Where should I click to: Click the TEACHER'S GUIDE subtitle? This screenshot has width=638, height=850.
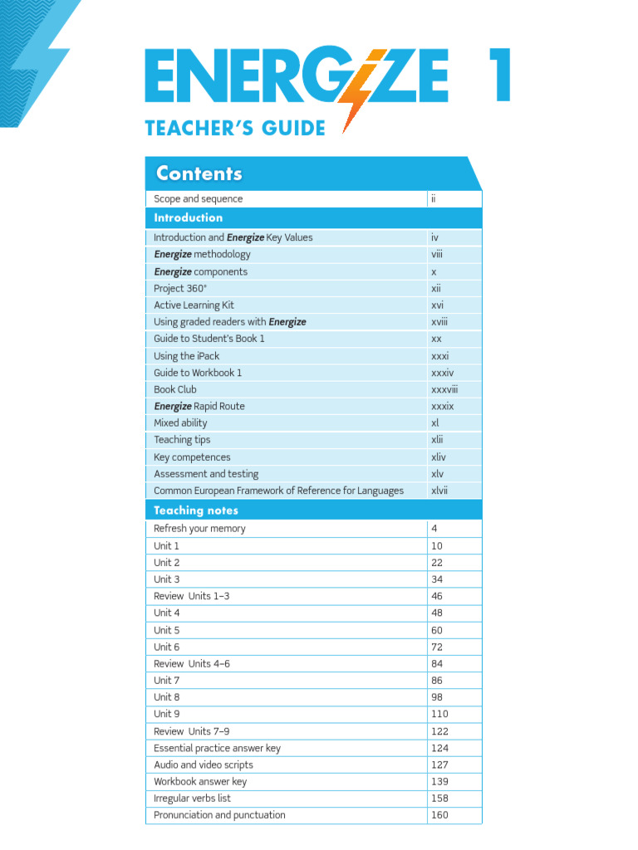(235, 129)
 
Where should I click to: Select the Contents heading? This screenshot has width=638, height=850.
(199, 173)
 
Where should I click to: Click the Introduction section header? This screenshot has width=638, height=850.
(189, 217)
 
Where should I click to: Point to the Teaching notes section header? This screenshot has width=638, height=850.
(196, 510)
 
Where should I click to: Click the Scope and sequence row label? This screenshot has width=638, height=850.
(199, 199)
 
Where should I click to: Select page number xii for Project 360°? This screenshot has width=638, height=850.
(436, 288)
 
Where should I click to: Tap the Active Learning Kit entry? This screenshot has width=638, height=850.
(194, 305)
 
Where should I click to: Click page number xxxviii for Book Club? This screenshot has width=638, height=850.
(444, 389)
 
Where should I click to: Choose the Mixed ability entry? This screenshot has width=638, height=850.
(180, 423)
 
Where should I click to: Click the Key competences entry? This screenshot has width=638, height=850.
(192, 457)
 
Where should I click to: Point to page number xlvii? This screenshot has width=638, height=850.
(439, 491)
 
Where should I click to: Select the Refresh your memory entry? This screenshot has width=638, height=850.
(199, 529)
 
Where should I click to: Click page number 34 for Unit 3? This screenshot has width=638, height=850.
(437, 579)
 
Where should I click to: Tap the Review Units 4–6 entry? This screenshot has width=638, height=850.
(193, 664)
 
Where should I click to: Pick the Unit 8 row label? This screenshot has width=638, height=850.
(166, 697)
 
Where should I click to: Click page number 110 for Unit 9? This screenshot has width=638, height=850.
(439, 714)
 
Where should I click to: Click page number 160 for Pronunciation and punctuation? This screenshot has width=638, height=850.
(439, 815)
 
